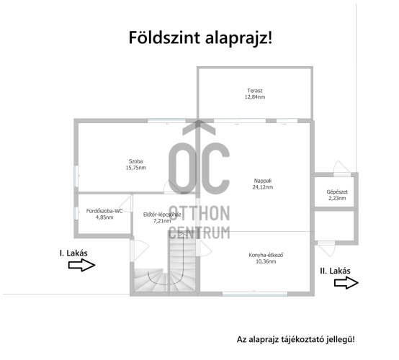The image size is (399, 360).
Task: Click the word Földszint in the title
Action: [x=164, y=37]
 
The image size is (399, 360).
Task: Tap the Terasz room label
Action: [x=255, y=91]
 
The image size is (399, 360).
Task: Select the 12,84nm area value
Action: [x=255, y=97]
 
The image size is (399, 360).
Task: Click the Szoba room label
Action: [x=135, y=161]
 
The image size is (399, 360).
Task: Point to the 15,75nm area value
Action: [x=136, y=168]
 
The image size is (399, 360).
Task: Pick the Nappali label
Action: [x=263, y=181]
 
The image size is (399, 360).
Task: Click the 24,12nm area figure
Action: [x=263, y=187]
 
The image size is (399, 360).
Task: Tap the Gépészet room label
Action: [x=337, y=192]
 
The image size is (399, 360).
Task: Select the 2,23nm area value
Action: [x=337, y=199]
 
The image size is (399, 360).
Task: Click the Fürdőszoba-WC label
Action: [x=104, y=211]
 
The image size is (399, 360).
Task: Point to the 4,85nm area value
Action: [x=104, y=217]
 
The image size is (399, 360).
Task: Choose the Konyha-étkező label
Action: [x=266, y=255]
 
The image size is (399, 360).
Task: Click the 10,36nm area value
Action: [x=266, y=261]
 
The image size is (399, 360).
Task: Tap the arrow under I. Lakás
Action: [x=81, y=265]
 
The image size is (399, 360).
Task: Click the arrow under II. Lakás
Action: [x=346, y=283]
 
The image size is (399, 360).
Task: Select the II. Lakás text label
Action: [x=335, y=271]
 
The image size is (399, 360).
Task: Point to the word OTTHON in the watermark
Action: [x=199, y=213]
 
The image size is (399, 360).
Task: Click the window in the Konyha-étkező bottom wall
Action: [x=255, y=294]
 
